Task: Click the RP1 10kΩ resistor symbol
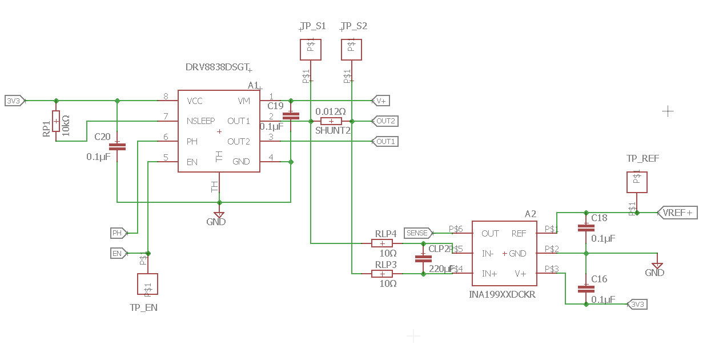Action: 56,121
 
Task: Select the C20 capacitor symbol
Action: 117,146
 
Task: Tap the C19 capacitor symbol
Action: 291,115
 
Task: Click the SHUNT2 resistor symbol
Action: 331,121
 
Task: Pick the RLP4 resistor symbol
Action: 382,243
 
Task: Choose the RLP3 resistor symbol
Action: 382,274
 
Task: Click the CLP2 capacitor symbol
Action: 423,258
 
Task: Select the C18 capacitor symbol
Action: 586,227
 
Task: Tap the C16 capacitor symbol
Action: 586,289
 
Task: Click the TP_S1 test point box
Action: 311,49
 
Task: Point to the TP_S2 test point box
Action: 351,49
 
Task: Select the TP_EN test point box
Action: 147,284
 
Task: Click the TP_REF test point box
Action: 637,182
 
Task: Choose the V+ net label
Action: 381,101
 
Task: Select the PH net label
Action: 118,233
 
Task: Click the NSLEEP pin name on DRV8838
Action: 200,121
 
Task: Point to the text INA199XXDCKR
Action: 502,295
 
